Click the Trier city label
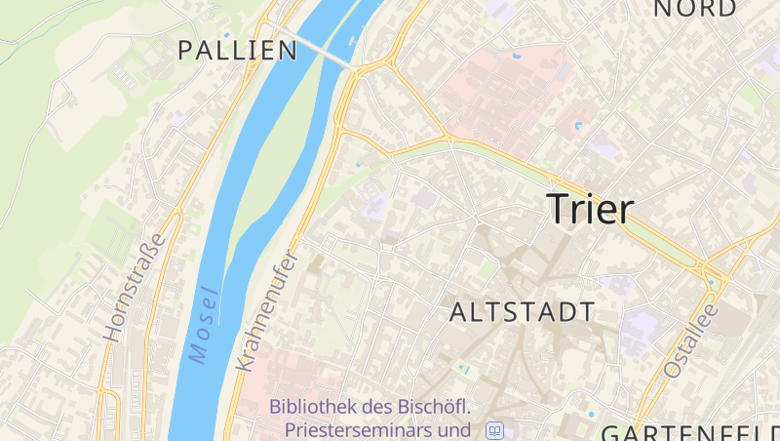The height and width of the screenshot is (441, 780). (x=590, y=209)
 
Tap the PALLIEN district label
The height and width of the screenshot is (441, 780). (x=237, y=51)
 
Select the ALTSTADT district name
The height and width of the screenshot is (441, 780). (x=522, y=312)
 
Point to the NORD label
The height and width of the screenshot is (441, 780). (x=695, y=9)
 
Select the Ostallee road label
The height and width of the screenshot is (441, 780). (x=690, y=341)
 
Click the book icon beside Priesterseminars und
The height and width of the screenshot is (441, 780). (x=495, y=429)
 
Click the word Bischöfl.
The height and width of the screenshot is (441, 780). (x=432, y=407)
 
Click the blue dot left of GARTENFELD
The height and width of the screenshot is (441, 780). (x=592, y=413)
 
